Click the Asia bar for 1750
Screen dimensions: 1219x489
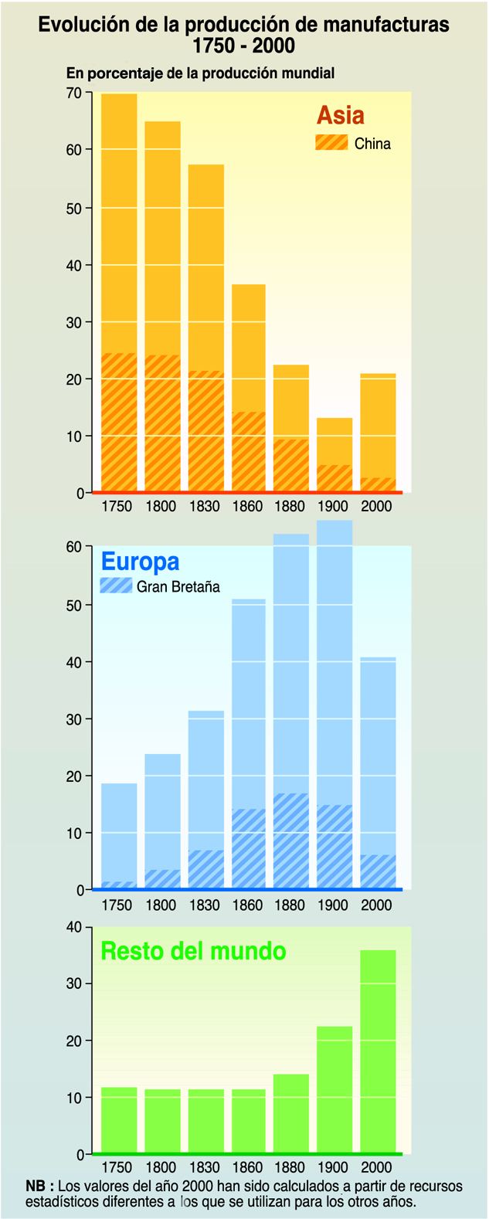point(119,294)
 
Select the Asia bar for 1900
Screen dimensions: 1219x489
point(334,455)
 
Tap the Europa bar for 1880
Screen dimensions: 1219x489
point(291,711)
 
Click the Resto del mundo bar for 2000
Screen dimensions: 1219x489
point(378,1051)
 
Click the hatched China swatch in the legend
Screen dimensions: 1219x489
point(331,143)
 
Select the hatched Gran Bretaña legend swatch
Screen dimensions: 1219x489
point(116,586)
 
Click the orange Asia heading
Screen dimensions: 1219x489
point(340,116)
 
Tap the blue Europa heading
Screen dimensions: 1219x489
point(140,562)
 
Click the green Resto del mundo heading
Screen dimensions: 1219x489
point(193,951)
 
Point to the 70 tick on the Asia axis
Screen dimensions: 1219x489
point(74,93)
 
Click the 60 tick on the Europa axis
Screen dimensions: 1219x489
point(74,547)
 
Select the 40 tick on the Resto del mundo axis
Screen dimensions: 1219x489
point(74,927)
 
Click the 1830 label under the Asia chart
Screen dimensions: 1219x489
point(205,507)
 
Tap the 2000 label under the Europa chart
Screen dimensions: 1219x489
point(377,905)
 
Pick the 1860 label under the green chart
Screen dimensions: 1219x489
point(248,1167)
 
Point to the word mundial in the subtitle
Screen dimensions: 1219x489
point(307,73)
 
